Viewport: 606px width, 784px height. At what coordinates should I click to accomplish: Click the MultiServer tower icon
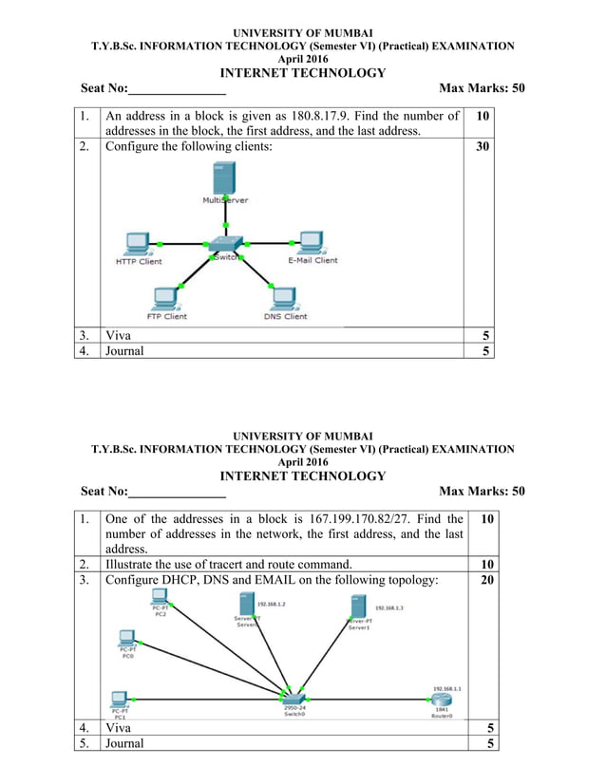(224, 178)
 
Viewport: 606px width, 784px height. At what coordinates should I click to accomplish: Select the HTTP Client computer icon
(139, 244)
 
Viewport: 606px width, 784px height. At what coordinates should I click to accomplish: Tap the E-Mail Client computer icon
(312, 242)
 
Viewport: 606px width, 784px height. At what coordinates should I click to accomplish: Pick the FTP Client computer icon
(166, 298)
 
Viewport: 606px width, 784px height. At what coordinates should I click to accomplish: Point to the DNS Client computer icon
(284, 298)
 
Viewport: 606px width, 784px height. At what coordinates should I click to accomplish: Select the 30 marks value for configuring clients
(483, 147)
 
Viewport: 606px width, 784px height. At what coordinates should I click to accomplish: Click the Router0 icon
(443, 700)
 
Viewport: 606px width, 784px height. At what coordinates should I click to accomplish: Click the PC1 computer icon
(120, 699)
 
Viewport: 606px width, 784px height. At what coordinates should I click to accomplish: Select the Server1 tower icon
(358, 607)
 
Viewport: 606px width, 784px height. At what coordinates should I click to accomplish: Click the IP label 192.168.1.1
(446, 688)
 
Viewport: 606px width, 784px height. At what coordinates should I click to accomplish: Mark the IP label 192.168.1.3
(389, 607)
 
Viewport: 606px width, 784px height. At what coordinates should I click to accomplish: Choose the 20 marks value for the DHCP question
(483, 580)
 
